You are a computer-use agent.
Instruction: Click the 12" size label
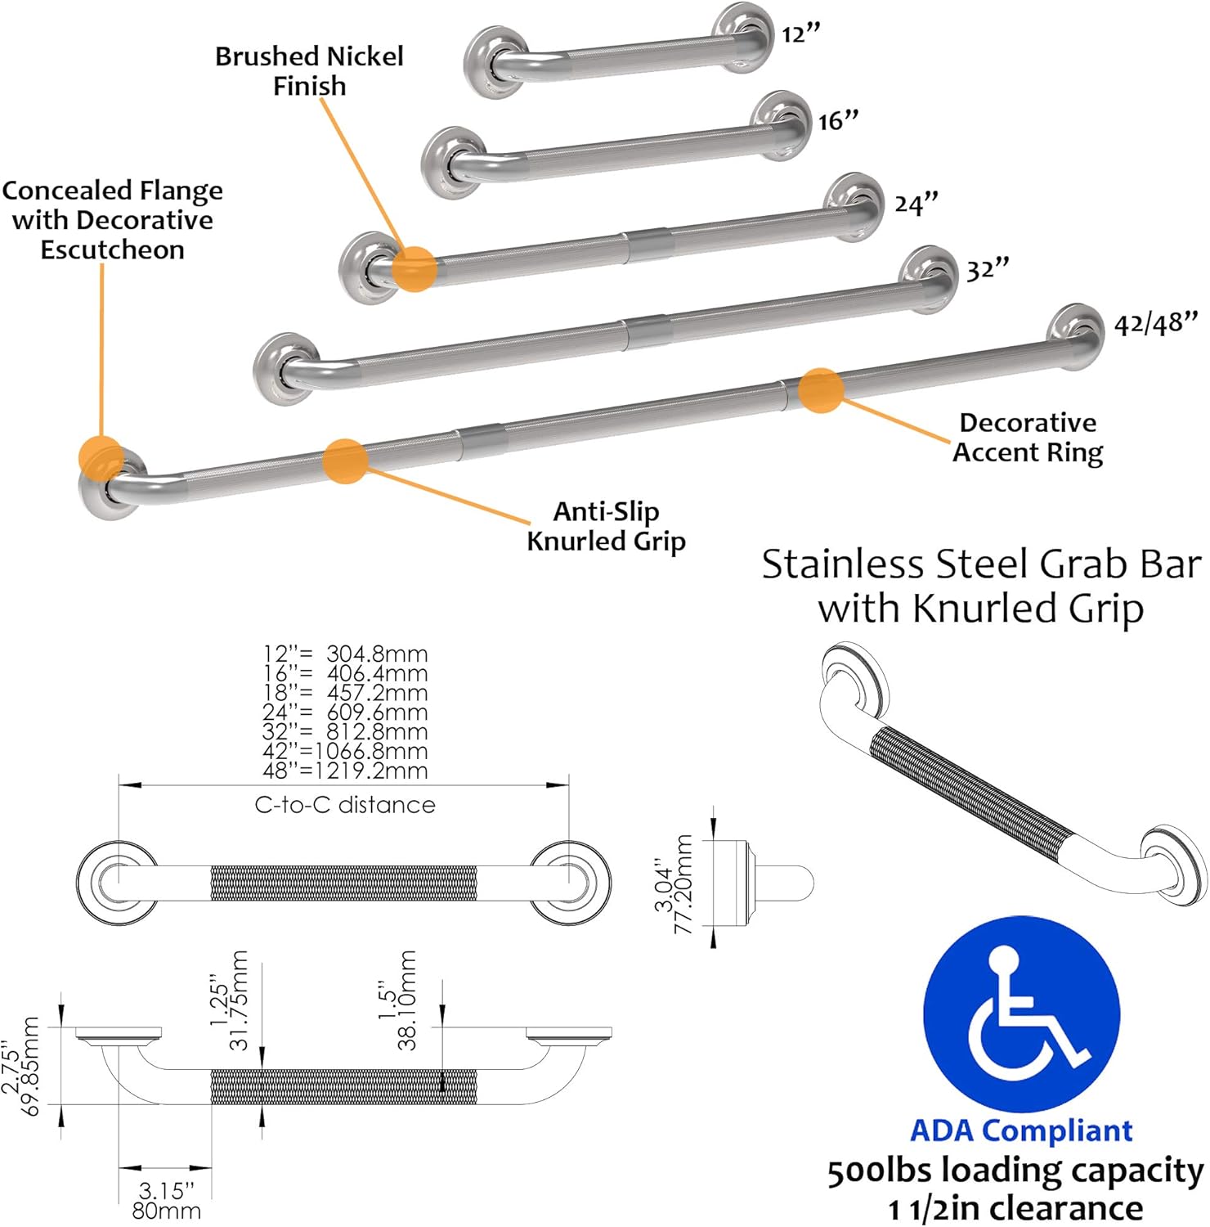click(x=800, y=34)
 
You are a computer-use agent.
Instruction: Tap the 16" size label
click(x=839, y=120)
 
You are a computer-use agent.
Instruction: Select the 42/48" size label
click(x=1156, y=323)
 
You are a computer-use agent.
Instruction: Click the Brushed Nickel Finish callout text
click(x=309, y=71)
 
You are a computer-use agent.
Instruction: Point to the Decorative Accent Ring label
click(x=1028, y=438)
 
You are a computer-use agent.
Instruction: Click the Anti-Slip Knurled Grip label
click(x=606, y=526)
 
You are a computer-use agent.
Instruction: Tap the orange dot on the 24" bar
click(x=415, y=268)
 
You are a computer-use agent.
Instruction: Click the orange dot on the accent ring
click(x=821, y=391)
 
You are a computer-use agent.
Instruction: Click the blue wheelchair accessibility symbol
click(x=1022, y=1015)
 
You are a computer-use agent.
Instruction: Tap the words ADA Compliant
click(x=1021, y=1130)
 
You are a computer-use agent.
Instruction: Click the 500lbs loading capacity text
click(x=1015, y=1171)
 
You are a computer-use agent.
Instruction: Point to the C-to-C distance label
click(x=345, y=805)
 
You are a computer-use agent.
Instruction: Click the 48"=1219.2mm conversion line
click(x=345, y=771)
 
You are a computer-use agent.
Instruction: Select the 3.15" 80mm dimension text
click(x=167, y=1201)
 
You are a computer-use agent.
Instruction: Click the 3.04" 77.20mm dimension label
click(x=673, y=884)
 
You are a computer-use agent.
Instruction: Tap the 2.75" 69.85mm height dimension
click(x=20, y=1066)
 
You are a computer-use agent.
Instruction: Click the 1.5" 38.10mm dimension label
click(x=397, y=1000)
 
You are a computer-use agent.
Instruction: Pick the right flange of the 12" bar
click(x=742, y=38)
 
